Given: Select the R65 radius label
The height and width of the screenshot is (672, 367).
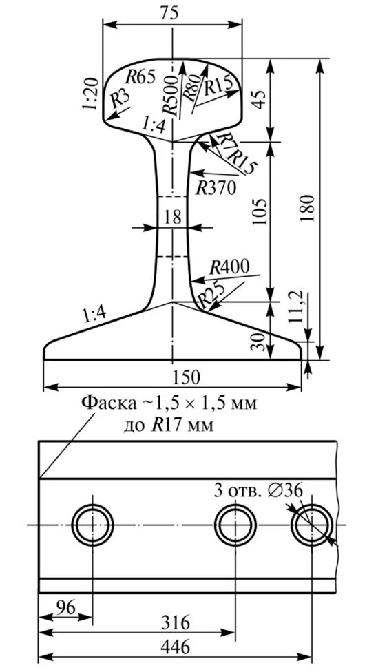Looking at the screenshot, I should click(x=140, y=76).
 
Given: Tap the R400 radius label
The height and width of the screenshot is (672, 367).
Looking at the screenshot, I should click(x=229, y=266).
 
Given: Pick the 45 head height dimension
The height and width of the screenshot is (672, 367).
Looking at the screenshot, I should click(x=258, y=98).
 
